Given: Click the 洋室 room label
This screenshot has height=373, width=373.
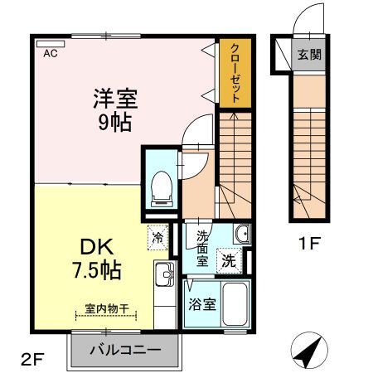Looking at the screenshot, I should click(x=114, y=97).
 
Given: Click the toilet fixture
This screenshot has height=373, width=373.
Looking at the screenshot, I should click(x=160, y=182).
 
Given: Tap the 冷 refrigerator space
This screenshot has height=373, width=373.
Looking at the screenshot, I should click(x=157, y=238).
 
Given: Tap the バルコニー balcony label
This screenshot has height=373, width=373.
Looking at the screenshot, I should click(x=124, y=350).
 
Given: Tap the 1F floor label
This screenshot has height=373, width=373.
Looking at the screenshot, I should click(x=309, y=245).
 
